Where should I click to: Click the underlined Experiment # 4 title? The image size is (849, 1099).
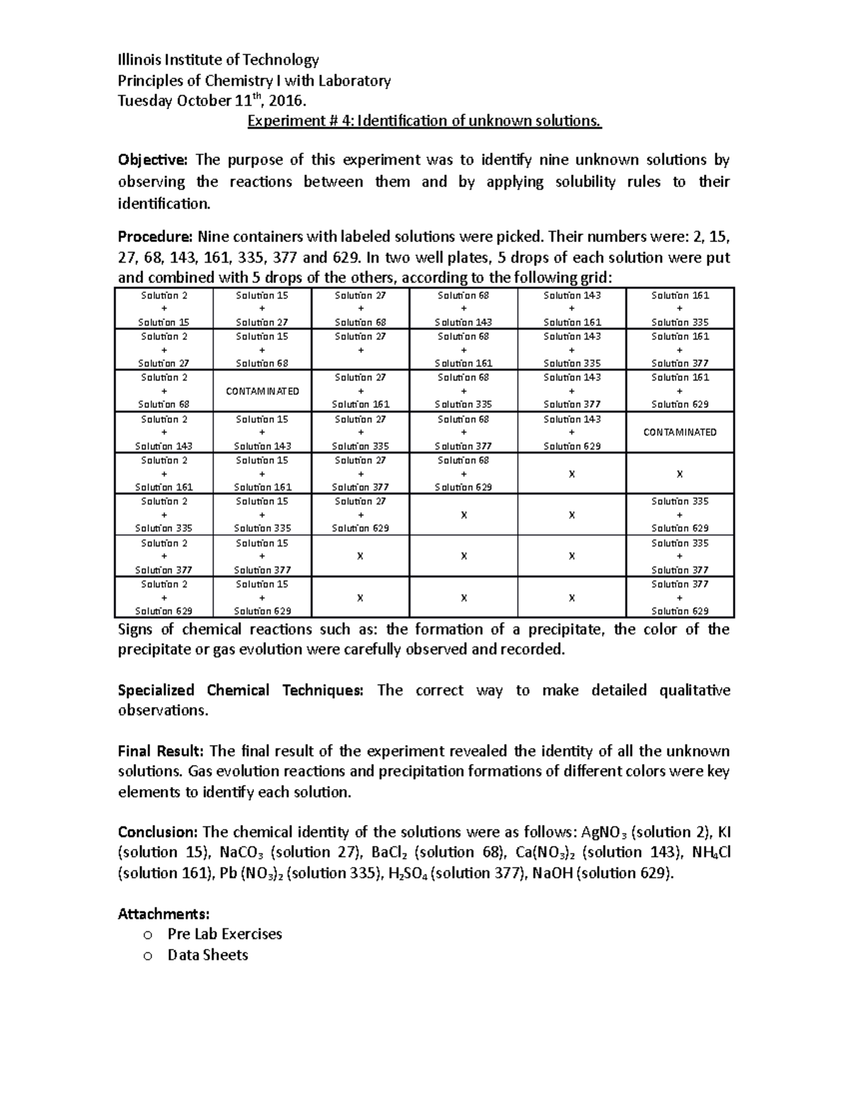424,121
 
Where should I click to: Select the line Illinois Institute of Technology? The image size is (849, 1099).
218,60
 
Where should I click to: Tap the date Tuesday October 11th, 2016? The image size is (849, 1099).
212,101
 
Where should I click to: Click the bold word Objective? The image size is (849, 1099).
154,161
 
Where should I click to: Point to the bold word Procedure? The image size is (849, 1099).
155,236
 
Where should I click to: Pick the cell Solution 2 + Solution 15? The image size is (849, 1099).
164,309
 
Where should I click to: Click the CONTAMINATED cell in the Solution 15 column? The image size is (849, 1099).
262,391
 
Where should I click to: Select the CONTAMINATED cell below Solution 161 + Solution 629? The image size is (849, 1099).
679,432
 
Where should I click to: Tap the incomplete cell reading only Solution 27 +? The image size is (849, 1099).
360,350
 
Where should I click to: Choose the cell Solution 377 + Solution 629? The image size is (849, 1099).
679,598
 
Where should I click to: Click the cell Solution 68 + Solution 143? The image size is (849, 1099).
463,309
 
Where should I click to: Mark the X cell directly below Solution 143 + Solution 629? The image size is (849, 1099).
572,474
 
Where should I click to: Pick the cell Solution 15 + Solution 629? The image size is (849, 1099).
262,598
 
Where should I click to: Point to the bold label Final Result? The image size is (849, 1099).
161,752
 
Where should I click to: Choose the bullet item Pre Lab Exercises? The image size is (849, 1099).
224,934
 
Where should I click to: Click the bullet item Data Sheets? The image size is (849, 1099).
207,955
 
